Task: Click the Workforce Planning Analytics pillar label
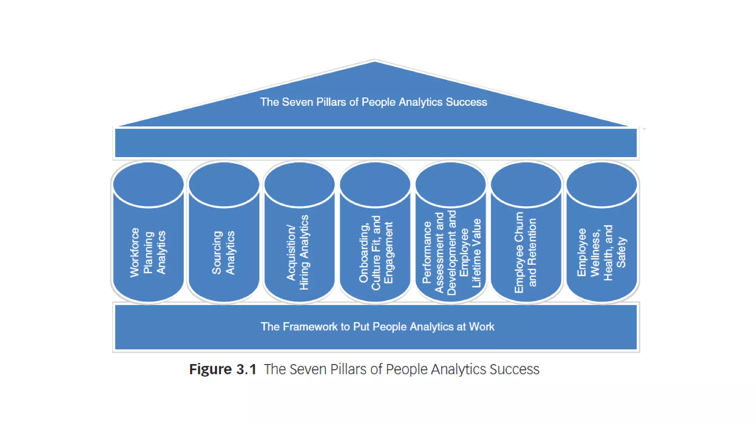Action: tap(148, 252)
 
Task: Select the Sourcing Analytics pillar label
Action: tap(223, 253)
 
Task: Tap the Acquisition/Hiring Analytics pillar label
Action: tap(298, 252)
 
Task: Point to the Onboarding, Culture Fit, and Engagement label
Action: tap(376, 253)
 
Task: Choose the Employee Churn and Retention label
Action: tap(525, 252)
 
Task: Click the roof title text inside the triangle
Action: tap(374, 102)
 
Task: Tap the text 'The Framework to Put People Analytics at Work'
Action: tap(377, 326)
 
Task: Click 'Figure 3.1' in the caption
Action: tap(223, 369)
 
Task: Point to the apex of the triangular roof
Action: tap(374, 61)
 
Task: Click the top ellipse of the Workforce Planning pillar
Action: tap(148, 184)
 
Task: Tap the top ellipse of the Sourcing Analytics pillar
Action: tap(224, 184)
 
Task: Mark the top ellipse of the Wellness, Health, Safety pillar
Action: tap(602, 184)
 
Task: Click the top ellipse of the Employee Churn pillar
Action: tap(526, 184)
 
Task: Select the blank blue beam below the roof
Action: tap(376, 143)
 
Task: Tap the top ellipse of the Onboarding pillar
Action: tap(375, 184)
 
